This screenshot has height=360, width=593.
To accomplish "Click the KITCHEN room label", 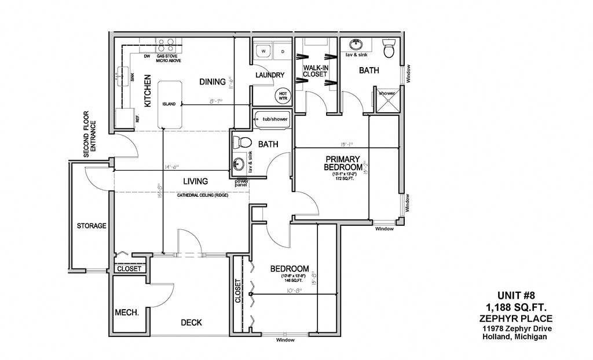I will (x=148, y=91).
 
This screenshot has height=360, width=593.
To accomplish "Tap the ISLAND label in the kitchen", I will (x=169, y=104).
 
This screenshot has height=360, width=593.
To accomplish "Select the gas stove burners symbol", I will (x=166, y=45).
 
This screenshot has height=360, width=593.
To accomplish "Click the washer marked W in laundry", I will (x=263, y=52).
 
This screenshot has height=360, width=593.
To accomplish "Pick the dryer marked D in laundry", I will (x=283, y=52).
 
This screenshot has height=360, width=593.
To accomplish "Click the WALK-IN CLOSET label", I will (x=316, y=71).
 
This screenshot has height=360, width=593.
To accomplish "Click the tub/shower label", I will (x=275, y=119).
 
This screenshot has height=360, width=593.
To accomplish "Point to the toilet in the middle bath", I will (x=243, y=142).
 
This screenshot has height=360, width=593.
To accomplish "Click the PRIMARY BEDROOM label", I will (x=343, y=163).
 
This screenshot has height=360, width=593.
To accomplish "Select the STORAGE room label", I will (x=91, y=226).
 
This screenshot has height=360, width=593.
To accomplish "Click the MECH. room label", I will (x=127, y=312).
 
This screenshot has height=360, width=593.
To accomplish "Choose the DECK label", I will (x=191, y=322).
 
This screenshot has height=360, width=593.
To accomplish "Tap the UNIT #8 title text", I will (x=516, y=295).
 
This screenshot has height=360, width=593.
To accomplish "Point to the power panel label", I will (x=241, y=182).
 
